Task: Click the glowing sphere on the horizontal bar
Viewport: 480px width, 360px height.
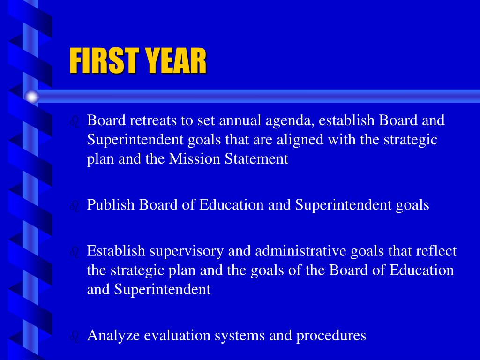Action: coord(32,97)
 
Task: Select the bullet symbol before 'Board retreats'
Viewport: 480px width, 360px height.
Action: coord(74,122)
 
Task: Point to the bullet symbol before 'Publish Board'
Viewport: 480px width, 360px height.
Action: coord(74,206)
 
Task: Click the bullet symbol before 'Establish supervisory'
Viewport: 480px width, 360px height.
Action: coord(74,253)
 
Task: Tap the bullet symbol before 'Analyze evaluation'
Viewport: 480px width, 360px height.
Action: coord(74,337)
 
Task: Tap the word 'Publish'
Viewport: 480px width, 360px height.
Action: coord(111,205)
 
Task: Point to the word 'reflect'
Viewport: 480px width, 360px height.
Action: coord(436,251)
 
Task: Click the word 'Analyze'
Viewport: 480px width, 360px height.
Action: coord(114,336)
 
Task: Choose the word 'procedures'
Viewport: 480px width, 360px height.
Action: coord(331,336)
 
